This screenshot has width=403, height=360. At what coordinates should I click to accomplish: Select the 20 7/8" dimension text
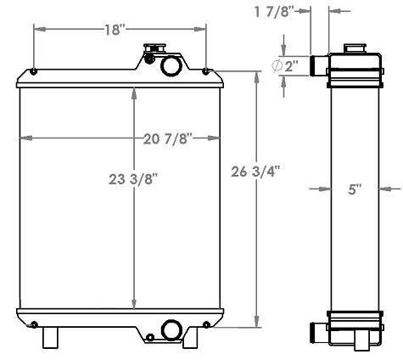[x=166, y=138]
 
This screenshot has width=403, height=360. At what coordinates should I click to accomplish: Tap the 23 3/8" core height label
[x=132, y=179]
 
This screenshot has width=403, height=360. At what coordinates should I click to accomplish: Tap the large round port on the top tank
[x=171, y=65]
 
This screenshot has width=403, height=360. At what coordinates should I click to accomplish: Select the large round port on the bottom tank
[x=172, y=329]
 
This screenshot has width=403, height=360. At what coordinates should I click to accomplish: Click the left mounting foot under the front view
[x=52, y=337]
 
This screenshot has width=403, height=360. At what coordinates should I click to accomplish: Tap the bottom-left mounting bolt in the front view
[x=33, y=323]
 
